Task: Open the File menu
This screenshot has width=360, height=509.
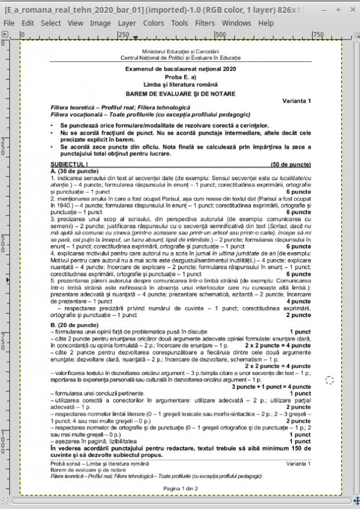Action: click(x=9, y=23)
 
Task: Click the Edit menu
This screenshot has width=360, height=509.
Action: click(x=28, y=23)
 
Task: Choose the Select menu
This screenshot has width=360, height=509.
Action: click(x=51, y=23)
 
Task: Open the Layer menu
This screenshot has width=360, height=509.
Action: click(x=127, y=23)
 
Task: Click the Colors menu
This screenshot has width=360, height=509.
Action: click(x=153, y=23)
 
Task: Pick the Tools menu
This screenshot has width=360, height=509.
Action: click(x=179, y=23)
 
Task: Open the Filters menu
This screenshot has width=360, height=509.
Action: click(x=205, y=23)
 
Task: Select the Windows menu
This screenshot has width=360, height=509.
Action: click(x=237, y=23)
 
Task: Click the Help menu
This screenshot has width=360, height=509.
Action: click(x=266, y=23)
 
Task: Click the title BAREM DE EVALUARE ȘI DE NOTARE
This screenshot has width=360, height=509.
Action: click(x=180, y=94)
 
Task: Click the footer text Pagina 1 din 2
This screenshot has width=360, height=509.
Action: click(x=180, y=488)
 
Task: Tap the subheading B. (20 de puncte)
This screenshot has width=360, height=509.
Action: click(x=74, y=325)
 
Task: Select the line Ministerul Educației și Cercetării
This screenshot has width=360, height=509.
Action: click(x=180, y=53)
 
